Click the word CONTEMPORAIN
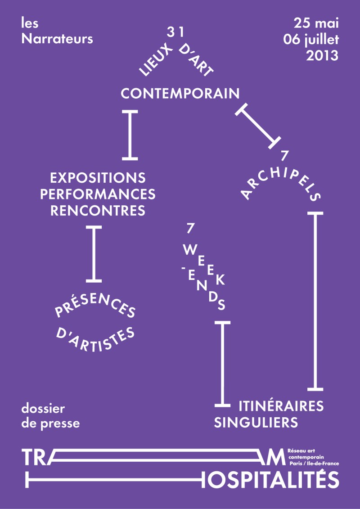point(180,94)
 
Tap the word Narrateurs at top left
point(57,39)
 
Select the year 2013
point(322,55)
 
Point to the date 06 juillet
point(310,39)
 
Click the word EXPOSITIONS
point(98,177)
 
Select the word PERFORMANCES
point(98,194)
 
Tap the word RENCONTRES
point(98,211)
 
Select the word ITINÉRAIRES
point(281,405)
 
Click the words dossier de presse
point(50,416)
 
